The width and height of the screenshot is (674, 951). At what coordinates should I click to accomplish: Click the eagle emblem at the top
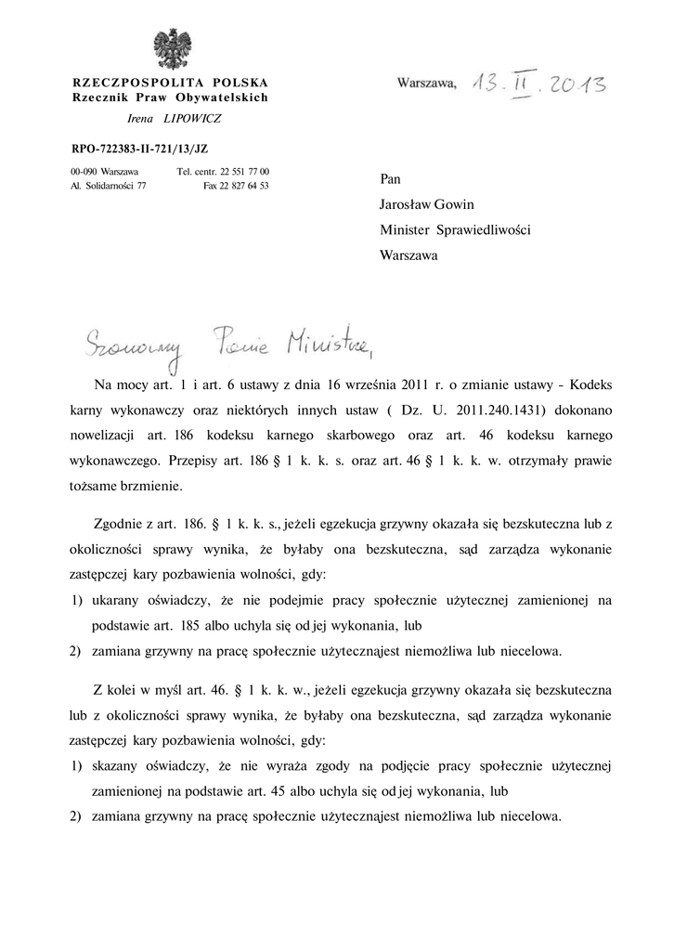coord(170,48)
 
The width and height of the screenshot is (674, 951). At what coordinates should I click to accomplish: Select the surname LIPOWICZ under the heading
coord(193,119)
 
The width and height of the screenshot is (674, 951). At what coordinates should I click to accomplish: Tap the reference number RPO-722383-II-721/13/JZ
coord(146,148)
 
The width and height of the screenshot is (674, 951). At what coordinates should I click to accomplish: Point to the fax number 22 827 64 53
coord(245,186)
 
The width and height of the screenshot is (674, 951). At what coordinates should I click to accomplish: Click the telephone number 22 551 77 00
coord(245,172)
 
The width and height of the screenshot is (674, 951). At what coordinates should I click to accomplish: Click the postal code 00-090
coord(84,172)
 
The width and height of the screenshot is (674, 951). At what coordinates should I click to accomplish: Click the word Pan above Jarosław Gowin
coord(390,178)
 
